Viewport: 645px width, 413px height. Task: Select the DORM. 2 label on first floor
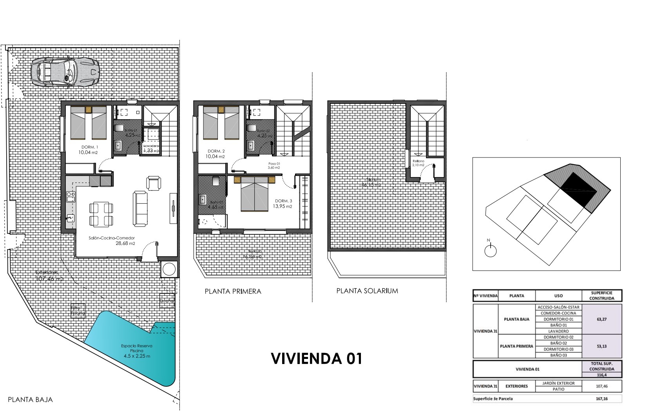[216, 151]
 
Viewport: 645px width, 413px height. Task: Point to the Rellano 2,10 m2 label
[419, 161]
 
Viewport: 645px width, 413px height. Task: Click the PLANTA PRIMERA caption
[233, 292]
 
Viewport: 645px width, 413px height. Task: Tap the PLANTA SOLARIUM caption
[367, 291]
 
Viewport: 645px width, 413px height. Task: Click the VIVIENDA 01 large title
[316, 359]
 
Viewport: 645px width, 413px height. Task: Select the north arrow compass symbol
[490, 250]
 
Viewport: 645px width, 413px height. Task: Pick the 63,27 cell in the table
[602, 319]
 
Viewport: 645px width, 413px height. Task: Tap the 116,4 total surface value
[602, 375]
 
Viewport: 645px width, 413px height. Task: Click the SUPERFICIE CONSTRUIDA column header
[602, 295]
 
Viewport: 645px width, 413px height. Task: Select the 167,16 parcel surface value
[602, 399]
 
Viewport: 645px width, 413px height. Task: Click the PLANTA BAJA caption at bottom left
[30, 400]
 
